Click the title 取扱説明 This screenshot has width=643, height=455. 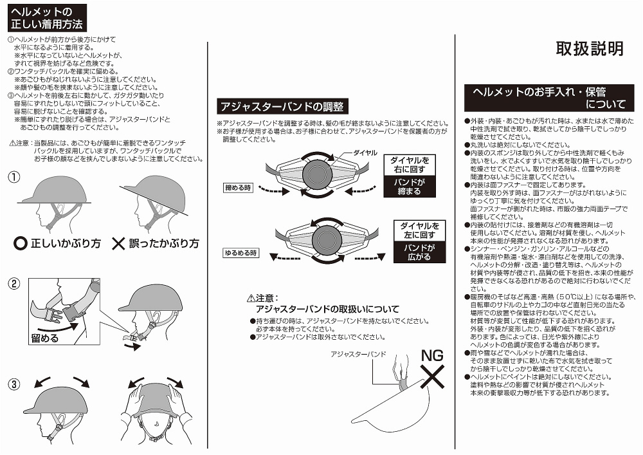click(x=589, y=49)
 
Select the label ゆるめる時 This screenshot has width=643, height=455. click(x=240, y=253)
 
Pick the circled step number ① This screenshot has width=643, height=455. click(x=14, y=176)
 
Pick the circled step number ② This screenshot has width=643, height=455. click(x=14, y=283)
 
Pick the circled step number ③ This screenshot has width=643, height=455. click(x=14, y=385)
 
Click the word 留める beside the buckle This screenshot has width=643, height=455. click(x=44, y=337)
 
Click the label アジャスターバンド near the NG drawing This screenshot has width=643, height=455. click(x=358, y=354)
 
